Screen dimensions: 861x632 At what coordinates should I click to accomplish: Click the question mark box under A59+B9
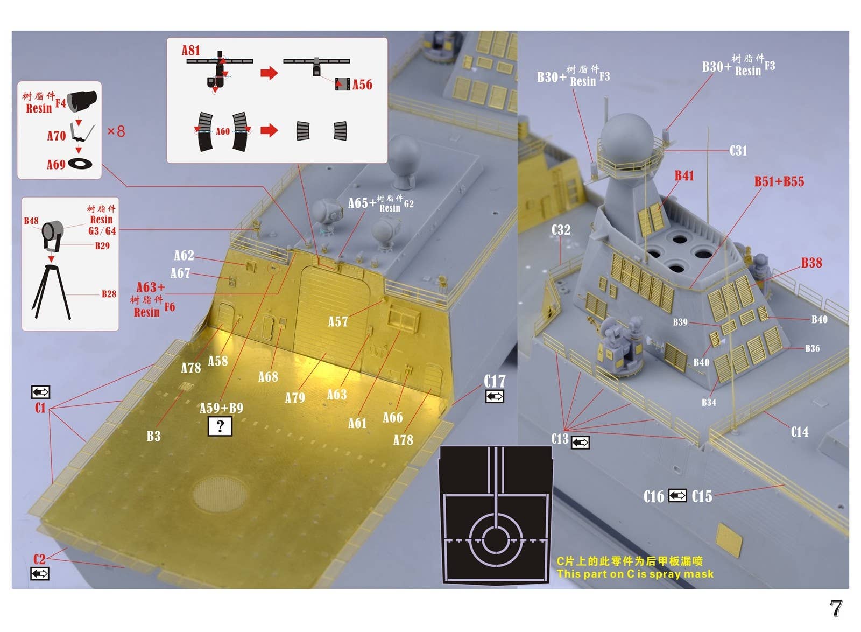(x=220, y=426)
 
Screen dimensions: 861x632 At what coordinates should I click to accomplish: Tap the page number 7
(x=836, y=608)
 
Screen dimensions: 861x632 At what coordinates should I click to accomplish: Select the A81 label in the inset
(x=190, y=50)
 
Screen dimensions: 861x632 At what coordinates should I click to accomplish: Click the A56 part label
(x=362, y=84)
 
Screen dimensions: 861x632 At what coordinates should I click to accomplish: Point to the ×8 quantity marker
(x=116, y=131)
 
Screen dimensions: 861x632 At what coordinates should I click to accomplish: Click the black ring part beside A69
(x=80, y=163)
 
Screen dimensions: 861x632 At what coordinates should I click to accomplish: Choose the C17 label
(x=495, y=381)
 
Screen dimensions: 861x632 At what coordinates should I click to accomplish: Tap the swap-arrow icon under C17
(x=495, y=396)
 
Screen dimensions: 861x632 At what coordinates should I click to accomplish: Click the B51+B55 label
(x=779, y=181)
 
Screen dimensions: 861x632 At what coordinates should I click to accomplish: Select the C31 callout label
(x=738, y=150)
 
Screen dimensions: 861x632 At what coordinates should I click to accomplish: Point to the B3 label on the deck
(x=153, y=436)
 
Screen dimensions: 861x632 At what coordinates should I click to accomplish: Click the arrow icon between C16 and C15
(x=677, y=495)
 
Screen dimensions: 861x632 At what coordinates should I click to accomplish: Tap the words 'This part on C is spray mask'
(x=635, y=574)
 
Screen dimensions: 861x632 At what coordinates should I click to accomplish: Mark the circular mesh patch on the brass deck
(x=221, y=493)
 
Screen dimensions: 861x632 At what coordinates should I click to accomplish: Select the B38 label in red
(x=811, y=263)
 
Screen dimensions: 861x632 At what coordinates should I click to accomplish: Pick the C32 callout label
(x=561, y=230)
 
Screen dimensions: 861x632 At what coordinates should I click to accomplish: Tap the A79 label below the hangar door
(x=295, y=397)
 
